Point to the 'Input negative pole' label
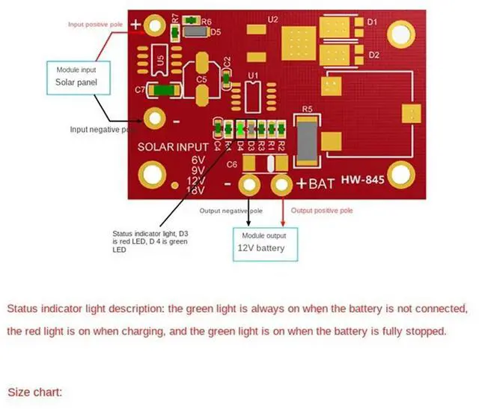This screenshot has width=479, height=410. click(x=104, y=130)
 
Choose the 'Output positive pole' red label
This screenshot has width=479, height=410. click(x=321, y=211)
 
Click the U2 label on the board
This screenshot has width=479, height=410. click(x=272, y=19)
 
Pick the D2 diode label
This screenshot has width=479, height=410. click(x=373, y=55)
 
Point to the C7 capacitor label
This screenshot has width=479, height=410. click(x=140, y=90)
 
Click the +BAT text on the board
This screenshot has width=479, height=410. click(x=314, y=183)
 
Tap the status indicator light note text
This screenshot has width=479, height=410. click(x=150, y=241)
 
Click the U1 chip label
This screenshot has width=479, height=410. click(x=253, y=75)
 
